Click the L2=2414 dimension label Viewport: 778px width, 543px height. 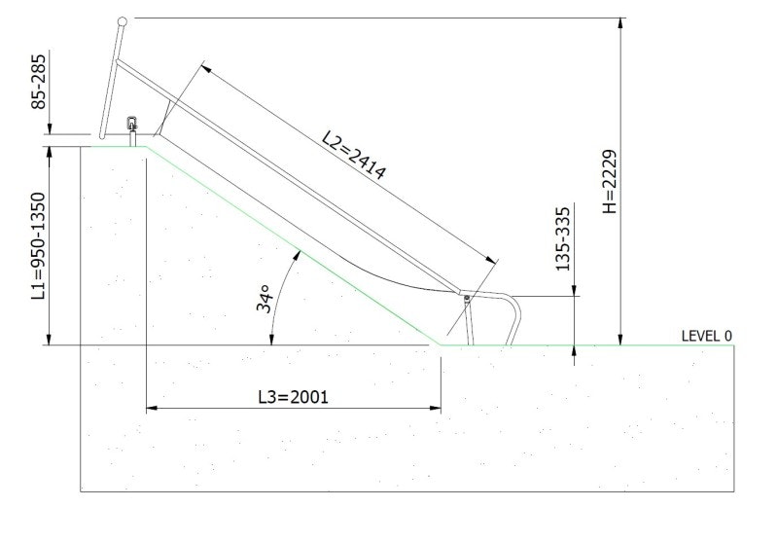355,157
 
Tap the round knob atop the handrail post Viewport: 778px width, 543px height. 122,20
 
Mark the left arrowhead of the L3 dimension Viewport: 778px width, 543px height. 150,410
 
